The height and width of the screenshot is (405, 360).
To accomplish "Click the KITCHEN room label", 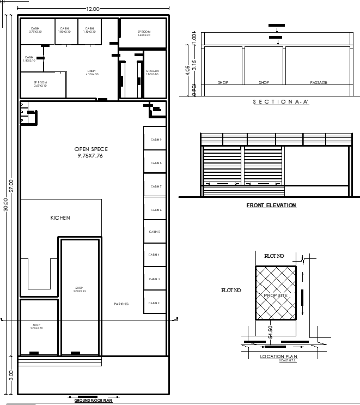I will (x=60, y=218).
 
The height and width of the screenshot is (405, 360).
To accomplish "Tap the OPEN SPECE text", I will (x=90, y=149).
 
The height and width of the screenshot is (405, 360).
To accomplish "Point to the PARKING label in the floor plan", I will (x=121, y=304).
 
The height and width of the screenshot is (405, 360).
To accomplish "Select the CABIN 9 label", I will (x=156, y=140).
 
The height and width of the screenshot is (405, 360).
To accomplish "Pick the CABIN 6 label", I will (x=156, y=210).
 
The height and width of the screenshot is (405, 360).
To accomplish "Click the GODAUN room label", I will (x=152, y=71).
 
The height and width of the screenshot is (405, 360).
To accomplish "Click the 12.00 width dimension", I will (x=93, y=9).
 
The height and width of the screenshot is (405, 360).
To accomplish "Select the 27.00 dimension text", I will (x=12, y=185).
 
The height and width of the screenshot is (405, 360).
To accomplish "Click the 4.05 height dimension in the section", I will (x=187, y=69).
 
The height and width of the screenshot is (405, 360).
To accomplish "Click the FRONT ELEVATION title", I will (x=271, y=205).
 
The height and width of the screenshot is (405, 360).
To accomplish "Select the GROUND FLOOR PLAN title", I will (x=93, y=401).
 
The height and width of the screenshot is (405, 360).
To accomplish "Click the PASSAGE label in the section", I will (x=319, y=83).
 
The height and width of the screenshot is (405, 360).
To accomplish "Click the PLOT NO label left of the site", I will (x=230, y=291).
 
